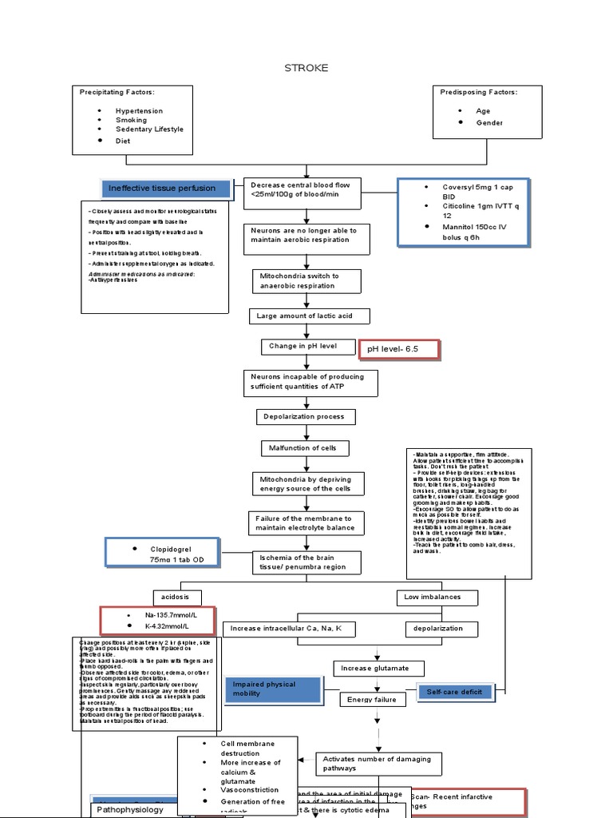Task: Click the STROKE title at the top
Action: coord(306,68)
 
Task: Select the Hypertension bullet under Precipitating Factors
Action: coord(138,111)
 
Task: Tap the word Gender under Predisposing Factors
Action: coord(489,123)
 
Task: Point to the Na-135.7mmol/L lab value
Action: coord(165,617)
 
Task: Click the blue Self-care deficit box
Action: coord(455,692)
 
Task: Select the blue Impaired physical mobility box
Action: coord(273,689)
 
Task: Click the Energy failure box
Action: coord(368,700)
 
